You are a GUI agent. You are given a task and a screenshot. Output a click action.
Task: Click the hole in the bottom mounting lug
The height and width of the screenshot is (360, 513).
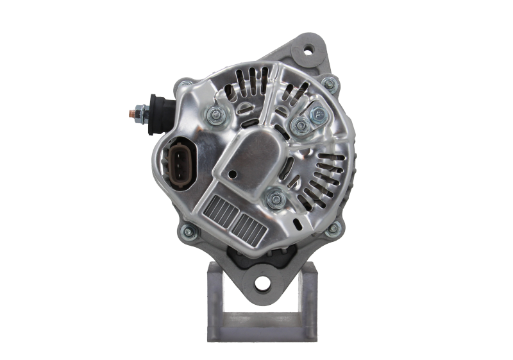coord(263,282)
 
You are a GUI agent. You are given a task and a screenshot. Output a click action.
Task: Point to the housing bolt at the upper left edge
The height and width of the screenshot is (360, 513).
coord(184,84)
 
